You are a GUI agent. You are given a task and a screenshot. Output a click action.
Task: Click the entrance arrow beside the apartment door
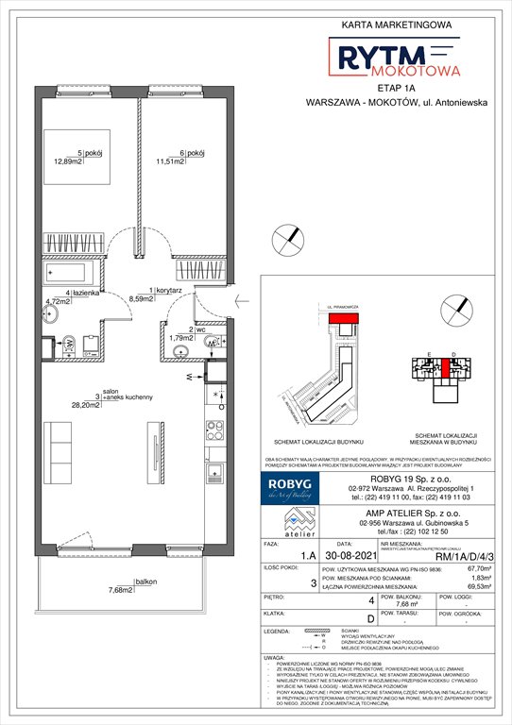click(240, 301)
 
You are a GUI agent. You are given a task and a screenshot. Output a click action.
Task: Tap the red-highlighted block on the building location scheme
click(336, 320)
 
